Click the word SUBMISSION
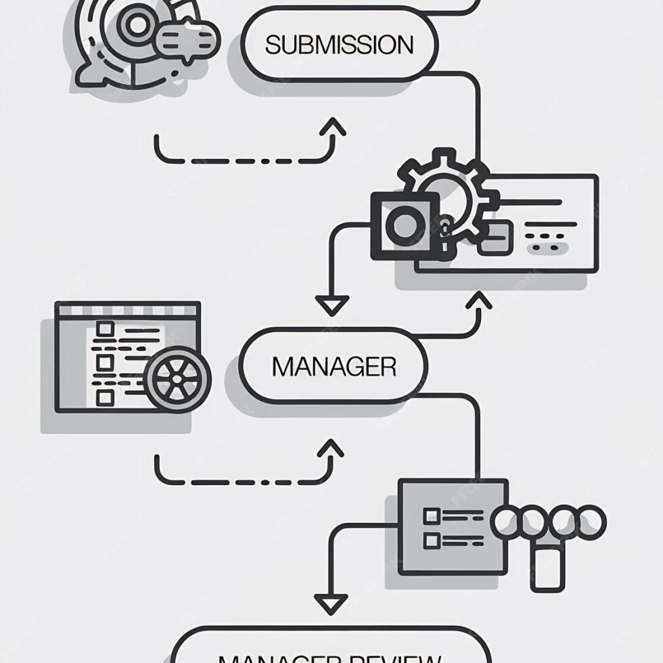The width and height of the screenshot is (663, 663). click(x=339, y=45)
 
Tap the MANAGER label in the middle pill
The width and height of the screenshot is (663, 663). click(x=334, y=367)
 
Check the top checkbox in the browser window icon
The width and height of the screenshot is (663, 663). click(x=104, y=329)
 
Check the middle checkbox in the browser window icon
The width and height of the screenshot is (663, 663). click(x=104, y=363)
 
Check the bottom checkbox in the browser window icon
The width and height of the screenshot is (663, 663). click(x=104, y=396)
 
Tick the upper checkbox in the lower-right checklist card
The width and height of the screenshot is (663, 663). click(x=431, y=516)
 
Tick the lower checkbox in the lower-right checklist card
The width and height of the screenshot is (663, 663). click(x=431, y=541)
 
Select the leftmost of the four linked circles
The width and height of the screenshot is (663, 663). click(x=511, y=523)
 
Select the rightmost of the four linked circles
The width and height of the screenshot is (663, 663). click(x=590, y=522)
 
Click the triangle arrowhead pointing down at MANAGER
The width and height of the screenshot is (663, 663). click(x=332, y=306)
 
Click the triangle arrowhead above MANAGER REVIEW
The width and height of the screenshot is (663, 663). click(x=332, y=602)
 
